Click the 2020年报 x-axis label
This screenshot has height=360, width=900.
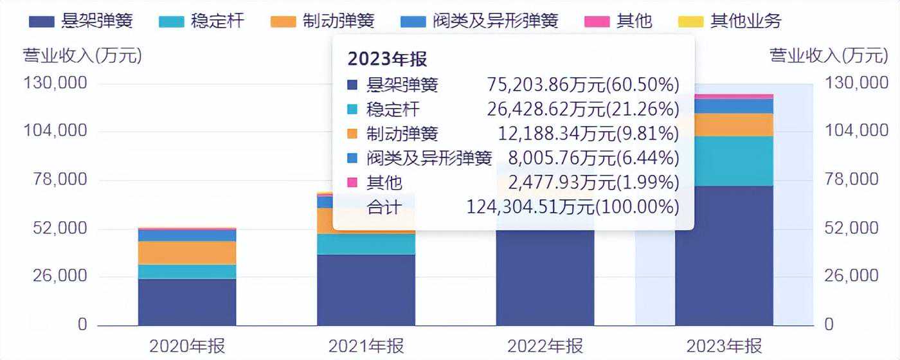click(x=187, y=346)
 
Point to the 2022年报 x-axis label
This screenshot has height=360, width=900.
click(x=545, y=346)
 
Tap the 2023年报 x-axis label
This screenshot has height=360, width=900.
click(x=724, y=346)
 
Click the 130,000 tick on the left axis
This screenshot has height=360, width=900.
click(x=55, y=83)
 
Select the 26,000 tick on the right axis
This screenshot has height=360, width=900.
click(x=851, y=276)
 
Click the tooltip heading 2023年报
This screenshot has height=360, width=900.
click(x=387, y=59)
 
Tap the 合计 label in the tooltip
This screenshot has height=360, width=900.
click(x=384, y=207)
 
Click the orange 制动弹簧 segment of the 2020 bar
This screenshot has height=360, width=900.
click(x=187, y=253)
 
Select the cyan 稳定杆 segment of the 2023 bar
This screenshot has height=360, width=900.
click(x=724, y=161)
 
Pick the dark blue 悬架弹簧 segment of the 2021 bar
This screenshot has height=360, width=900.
click(x=366, y=289)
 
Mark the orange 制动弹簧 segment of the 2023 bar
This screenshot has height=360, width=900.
click(x=724, y=125)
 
